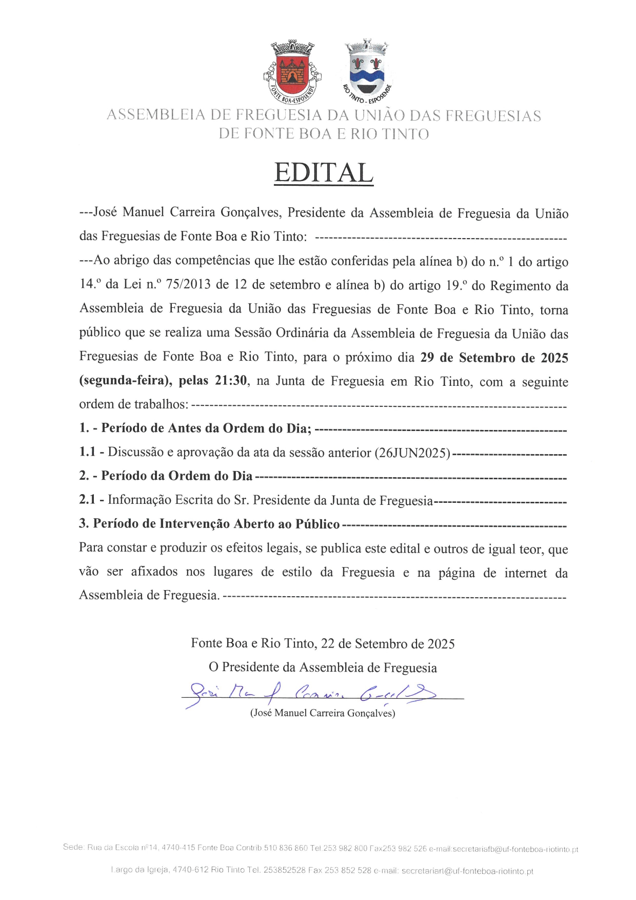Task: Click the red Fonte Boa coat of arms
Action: point(292,70)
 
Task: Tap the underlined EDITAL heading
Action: point(323,173)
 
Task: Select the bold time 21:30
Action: point(231,381)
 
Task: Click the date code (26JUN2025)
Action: point(412,453)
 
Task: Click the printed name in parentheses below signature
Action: point(323,713)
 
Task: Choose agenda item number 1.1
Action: point(88,452)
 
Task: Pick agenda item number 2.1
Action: point(88,500)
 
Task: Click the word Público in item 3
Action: point(317,524)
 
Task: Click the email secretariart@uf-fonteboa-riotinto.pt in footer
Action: point(467,871)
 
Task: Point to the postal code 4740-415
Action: point(178,848)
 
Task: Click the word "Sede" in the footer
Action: point(73,847)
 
